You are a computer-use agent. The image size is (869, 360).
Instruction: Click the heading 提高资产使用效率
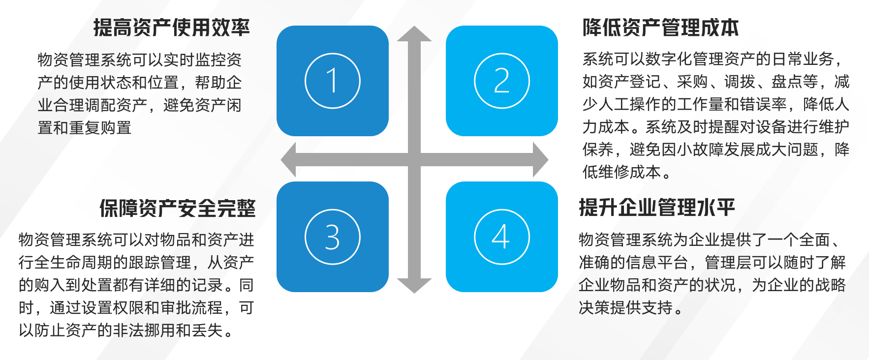172,28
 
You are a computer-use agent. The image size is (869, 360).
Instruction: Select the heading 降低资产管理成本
661,28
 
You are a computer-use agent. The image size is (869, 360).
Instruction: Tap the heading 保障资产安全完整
178,208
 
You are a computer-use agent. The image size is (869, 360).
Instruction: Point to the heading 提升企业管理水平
657,208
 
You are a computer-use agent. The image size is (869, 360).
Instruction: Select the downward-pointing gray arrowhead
414,285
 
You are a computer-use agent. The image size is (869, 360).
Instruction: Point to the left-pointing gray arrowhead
289,160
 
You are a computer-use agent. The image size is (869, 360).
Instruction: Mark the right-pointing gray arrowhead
540,160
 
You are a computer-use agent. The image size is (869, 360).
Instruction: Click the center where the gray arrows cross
414,160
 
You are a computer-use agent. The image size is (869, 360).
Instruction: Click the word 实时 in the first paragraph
179,60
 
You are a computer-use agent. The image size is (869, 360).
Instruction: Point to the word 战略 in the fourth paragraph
830,285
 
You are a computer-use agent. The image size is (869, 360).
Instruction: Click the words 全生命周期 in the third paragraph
74,263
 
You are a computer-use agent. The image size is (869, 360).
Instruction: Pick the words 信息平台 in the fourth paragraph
657,263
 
